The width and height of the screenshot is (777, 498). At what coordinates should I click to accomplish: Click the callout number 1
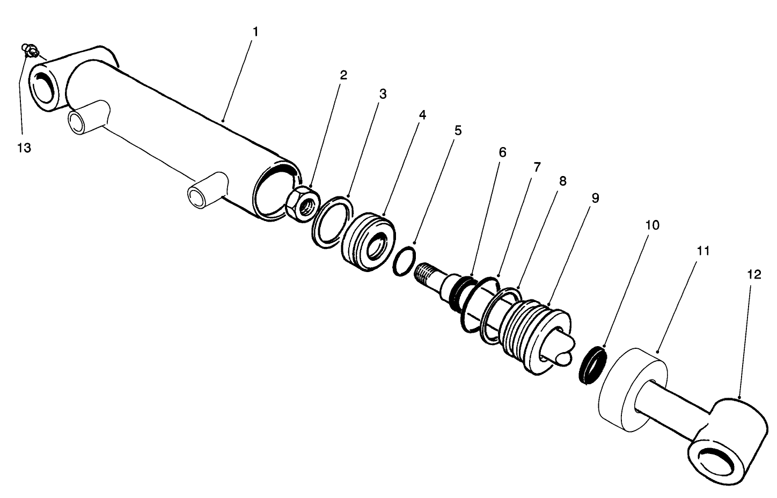255,32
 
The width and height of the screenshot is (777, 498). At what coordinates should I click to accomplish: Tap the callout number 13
24,148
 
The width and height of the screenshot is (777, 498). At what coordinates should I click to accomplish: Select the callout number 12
753,275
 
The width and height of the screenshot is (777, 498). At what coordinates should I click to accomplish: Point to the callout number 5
458,130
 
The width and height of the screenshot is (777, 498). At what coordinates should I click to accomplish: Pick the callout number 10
652,225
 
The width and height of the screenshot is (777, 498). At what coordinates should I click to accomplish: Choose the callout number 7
537,167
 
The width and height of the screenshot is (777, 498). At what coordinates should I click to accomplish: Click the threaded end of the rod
428,272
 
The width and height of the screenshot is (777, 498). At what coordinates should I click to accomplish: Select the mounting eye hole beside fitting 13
44,87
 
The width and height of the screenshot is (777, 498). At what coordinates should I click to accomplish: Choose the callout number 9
595,198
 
